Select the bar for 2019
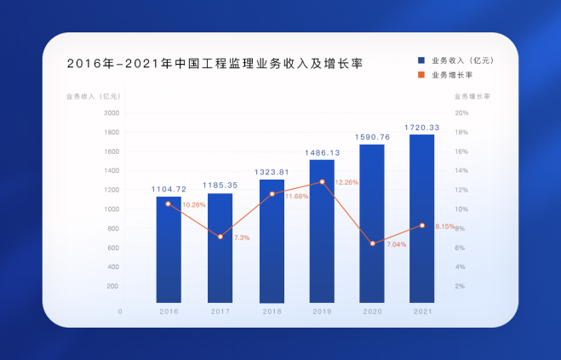322,231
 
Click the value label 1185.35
220,184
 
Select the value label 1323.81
272,171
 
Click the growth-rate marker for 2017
220,237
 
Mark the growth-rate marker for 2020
372,243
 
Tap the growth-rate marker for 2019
322,182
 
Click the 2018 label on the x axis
272,312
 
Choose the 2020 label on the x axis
372,312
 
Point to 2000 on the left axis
112,112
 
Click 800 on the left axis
113,228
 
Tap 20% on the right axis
462,112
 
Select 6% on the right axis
461,248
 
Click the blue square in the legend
421,60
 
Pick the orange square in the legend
421,74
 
